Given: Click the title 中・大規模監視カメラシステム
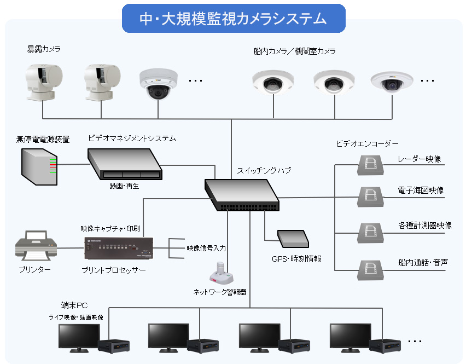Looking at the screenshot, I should point(233,19).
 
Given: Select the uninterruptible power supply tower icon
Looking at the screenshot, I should point(38,166).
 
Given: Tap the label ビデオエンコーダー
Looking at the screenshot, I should point(367,143).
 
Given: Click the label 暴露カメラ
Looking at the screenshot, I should point(44,49).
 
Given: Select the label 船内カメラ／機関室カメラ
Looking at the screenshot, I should point(294,51).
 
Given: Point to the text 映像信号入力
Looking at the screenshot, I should point(206,248).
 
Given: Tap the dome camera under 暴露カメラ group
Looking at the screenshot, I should point(158,83).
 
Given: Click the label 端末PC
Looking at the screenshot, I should point(74,305).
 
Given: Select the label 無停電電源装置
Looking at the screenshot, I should point(43,140).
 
